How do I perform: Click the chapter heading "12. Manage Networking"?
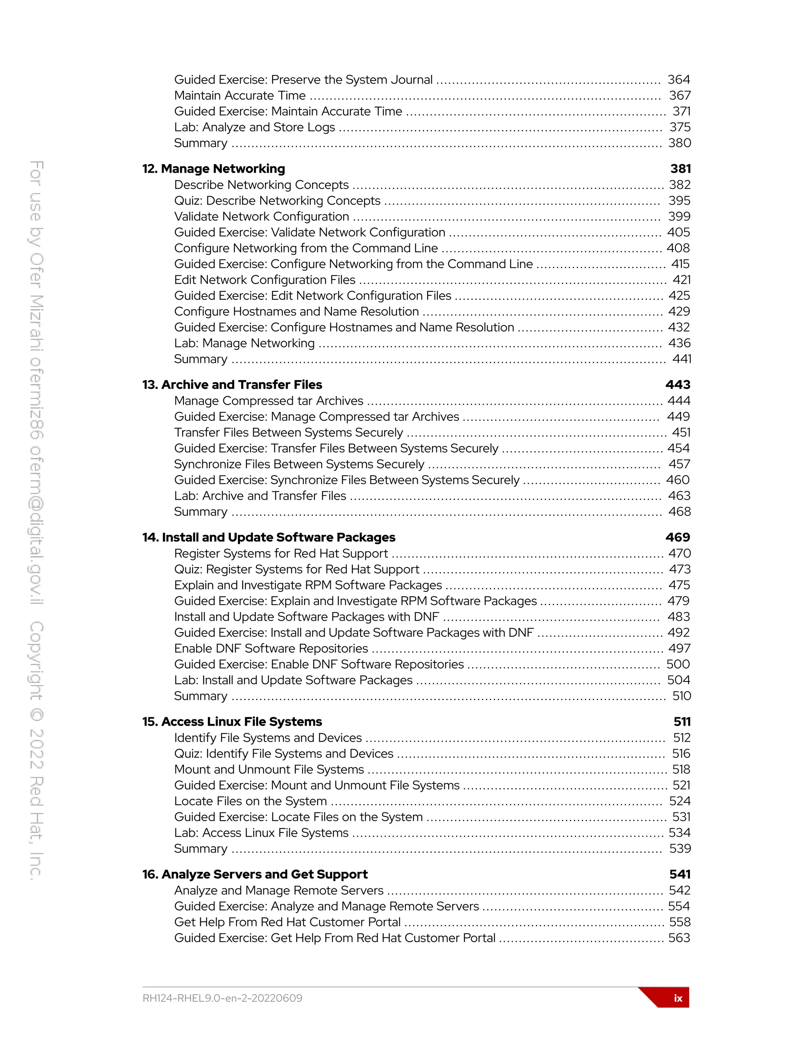coord(213,169)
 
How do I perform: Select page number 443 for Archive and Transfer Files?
coord(677,385)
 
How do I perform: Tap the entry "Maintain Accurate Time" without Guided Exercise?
coord(240,96)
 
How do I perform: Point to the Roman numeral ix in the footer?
coord(678,998)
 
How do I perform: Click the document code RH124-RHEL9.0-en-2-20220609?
coord(223,998)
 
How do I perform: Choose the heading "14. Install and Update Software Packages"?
coord(269,537)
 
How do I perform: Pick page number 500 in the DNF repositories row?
coord(678,664)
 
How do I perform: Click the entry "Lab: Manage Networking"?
coord(244,343)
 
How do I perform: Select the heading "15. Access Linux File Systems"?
coord(232,722)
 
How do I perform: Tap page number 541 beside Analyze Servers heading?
coord(680,874)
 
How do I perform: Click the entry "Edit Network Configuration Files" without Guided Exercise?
coord(265,280)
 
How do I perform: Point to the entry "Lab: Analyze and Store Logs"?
coord(254,127)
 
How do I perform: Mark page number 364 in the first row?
coord(679,80)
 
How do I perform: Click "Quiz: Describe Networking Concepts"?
coord(277,200)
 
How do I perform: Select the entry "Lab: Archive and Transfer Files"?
coord(260,496)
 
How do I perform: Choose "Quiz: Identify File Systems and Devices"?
coord(284,754)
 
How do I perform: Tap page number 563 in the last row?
coord(679,938)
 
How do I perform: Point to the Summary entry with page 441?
coord(200,359)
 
